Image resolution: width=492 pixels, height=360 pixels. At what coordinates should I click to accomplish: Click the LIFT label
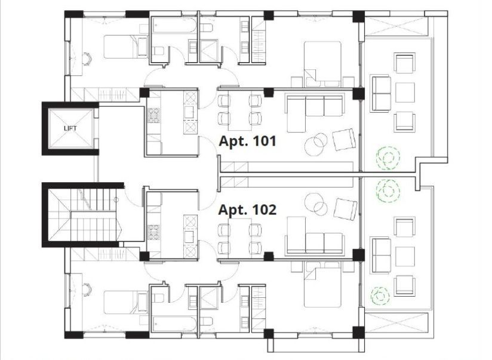(x=70, y=128)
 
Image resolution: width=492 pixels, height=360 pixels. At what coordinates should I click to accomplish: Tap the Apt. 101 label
(x=248, y=141)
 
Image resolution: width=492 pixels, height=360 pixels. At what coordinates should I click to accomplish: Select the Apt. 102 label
(x=247, y=210)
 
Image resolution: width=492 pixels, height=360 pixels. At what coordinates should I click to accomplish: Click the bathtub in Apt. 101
(x=174, y=25)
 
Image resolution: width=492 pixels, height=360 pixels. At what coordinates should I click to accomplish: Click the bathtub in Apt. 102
(x=174, y=324)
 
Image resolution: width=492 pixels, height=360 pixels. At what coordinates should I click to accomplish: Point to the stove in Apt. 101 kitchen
(x=154, y=115)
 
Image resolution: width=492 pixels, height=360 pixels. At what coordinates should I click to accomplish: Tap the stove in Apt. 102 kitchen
(x=154, y=232)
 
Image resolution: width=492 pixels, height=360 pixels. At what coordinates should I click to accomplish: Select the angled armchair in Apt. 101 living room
(x=344, y=139)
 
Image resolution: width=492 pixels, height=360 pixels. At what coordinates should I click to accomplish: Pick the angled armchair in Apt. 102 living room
(x=345, y=209)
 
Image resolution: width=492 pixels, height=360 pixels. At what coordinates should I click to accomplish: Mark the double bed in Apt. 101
(x=322, y=64)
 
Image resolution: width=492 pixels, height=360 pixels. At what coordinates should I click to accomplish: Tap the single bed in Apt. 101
(x=125, y=47)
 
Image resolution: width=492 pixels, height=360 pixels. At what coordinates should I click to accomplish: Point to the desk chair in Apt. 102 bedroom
(x=87, y=290)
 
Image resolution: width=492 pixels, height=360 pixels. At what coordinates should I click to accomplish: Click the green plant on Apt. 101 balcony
(x=388, y=158)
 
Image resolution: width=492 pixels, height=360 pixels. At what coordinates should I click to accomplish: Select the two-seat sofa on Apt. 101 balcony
(x=381, y=93)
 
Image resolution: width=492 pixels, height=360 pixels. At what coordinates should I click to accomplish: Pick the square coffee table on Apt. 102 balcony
(x=405, y=257)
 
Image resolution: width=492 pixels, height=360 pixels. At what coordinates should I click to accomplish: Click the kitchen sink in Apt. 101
(x=190, y=111)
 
